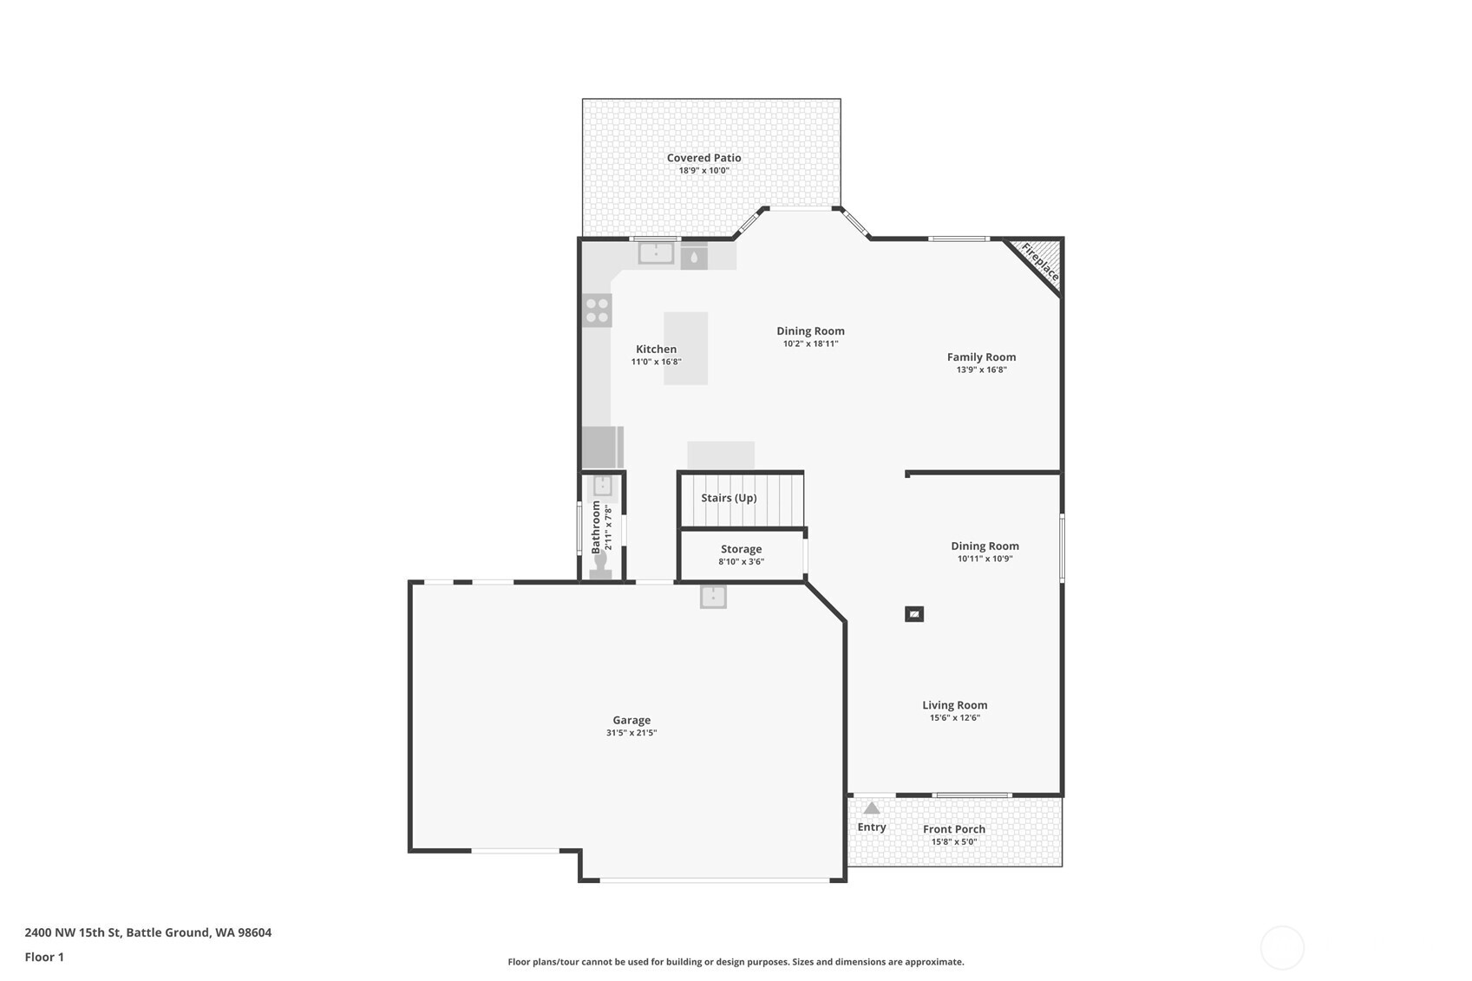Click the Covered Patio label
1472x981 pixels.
pos(703,158)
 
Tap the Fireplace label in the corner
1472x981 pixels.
pos(1040,262)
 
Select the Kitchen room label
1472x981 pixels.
pos(656,349)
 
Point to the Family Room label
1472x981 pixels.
pos(981,356)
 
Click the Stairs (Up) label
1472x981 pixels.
pos(729,497)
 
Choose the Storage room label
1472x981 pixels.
pos(742,549)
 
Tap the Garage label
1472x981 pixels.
pos(631,720)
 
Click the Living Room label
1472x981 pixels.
pos(955,705)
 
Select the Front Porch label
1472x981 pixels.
pos(954,829)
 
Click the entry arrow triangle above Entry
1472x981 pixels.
pos(872,808)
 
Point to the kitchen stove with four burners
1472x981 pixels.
pos(597,311)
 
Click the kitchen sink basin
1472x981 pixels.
pos(656,253)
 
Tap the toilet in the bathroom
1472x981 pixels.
pos(600,565)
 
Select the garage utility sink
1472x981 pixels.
pos(713,597)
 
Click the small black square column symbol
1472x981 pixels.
pos(914,614)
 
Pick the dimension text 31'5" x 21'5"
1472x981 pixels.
pos(631,733)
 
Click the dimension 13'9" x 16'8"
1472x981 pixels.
pos(981,370)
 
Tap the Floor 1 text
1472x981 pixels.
pos(45,957)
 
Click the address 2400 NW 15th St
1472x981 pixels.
pos(73,932)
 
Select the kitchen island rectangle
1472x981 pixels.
pos(685,348)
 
